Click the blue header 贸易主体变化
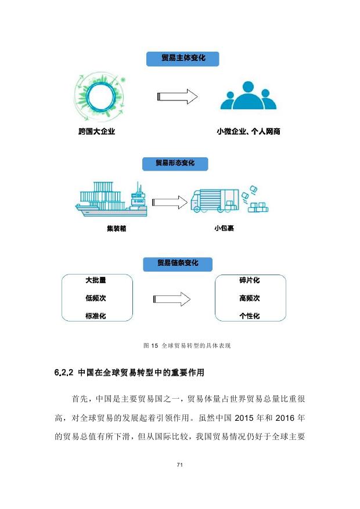[x=182, y=59]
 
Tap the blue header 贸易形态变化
[x=175, y=163]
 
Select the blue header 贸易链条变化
[x=178, y=264]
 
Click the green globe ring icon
[x=100, y=97]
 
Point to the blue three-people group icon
[x=249, y=95]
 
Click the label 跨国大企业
[x=97, y=132]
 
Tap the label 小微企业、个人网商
[x=249, y=132]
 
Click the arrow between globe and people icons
[x=178, y=96]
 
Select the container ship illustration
[x=111, y=199]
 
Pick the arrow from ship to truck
[x=170, y=202]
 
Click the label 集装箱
[x=117, y=229]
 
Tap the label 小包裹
[x=224, y=228]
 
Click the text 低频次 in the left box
[x=96, y=298]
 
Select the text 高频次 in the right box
[x=250, y=298]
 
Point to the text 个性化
[x=250, y=316]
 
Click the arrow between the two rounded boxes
[x=172, y=299]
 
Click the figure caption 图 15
[x=151, y=346]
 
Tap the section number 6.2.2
[x=64, y=373]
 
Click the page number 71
[x=180, y=465]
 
